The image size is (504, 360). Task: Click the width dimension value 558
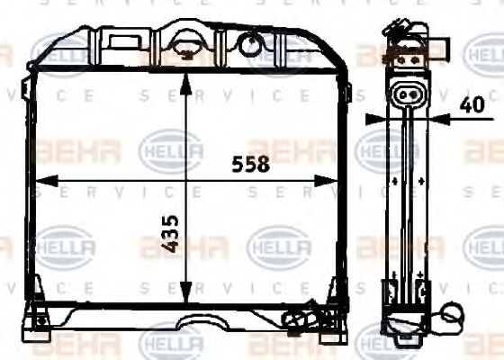click(x=250, y=164)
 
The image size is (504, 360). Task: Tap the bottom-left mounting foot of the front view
click(x=39, y=322)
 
